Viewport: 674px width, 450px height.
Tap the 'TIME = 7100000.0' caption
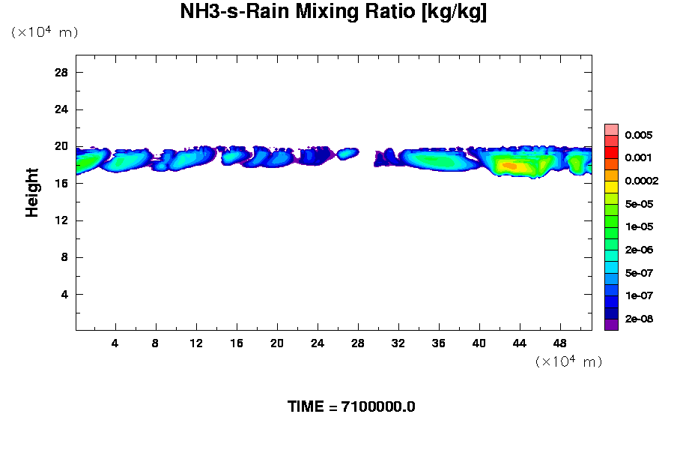pyautogui.click(x=351, y=407)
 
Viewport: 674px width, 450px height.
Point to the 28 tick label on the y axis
pyautogui.click(x=62, y=73)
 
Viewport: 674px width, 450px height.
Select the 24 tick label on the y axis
pyautogui.click(x=62, y=109)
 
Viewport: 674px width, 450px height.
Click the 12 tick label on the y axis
pyautogui.click(x=62, y=220)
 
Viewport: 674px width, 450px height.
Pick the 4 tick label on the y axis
pyautogui.click(x=65, y=294)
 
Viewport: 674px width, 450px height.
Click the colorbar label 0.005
pyautogui.click(x=639, y=136)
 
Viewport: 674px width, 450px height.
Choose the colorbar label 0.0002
pyautogui.click(x=641, y=181)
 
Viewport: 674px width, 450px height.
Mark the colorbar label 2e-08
pyautogui.click(x=639, y=319)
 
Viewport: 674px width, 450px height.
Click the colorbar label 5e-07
pyautogui.click(x=639, y=272)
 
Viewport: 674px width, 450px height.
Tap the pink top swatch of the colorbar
pyautogui.click(x=611, y=129)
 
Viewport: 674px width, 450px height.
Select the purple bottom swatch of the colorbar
pyautogui.click(x=611, y=325)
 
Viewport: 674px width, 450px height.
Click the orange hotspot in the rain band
pyautogui.click(x=509, y=166)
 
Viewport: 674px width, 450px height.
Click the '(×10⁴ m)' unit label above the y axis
pyautogui.click(x=44, y=32)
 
